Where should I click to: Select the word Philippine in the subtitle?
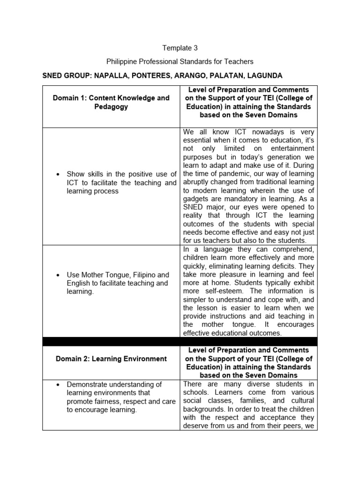click(122, 61)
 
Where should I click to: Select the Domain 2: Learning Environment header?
click(111, 359)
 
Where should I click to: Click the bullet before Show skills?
click(58, 174)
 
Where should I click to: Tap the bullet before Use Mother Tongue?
click(58, 275)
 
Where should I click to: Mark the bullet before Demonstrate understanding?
click(58, 384)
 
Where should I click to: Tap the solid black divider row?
click(180, 342)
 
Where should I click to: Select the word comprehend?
click(291, 249)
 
